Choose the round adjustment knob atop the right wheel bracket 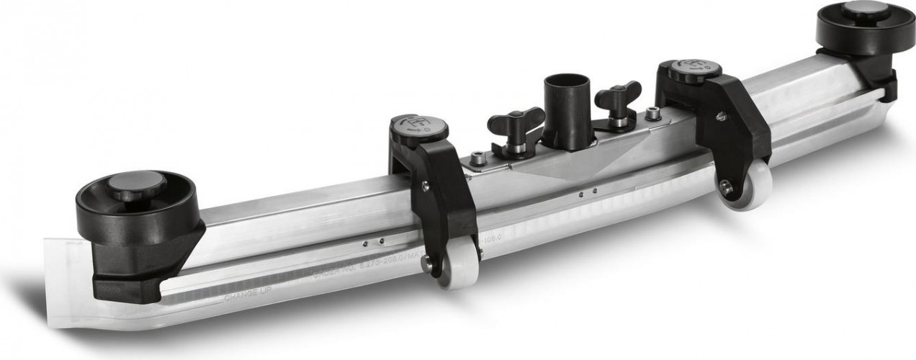[695, 69]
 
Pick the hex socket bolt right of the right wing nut [652, 113]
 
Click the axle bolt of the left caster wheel [428, 265]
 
